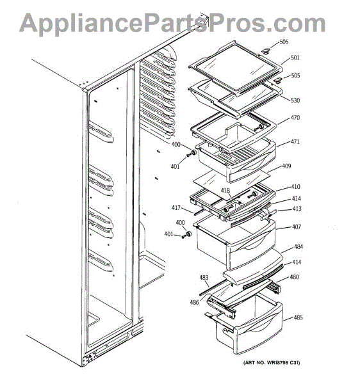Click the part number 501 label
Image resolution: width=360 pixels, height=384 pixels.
click(x=295, y=58)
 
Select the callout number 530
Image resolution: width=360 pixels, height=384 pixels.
click(x=295, y=100)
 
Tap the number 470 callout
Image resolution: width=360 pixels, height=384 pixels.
click(x=295, y=118)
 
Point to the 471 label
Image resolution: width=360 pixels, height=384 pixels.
click(x=295, y=142)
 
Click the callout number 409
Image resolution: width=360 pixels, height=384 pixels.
click(x=286, y=166)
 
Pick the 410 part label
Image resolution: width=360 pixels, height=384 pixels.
click(x=295, y=187)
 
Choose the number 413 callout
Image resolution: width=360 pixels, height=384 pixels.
click(x=297, y=209)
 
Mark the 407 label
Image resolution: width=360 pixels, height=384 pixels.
click(x=297, y=227)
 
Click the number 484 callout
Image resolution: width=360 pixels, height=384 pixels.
click(x=299, y=246)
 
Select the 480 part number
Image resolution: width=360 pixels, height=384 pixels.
click(x=294, y=277)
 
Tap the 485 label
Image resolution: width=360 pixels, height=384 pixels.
click(x=298, y=317)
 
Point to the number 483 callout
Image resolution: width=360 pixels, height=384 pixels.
click(x=204, y=278)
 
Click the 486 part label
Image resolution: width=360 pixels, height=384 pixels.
click(x=194, y=303)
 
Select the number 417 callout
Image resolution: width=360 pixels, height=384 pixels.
click(x=176, y=208)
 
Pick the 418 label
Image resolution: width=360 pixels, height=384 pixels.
click(x=225, y=191)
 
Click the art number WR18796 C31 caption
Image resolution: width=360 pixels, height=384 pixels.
click(x=272, y=363)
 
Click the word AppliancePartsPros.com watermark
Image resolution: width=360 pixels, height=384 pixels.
click(x=172, y=23)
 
